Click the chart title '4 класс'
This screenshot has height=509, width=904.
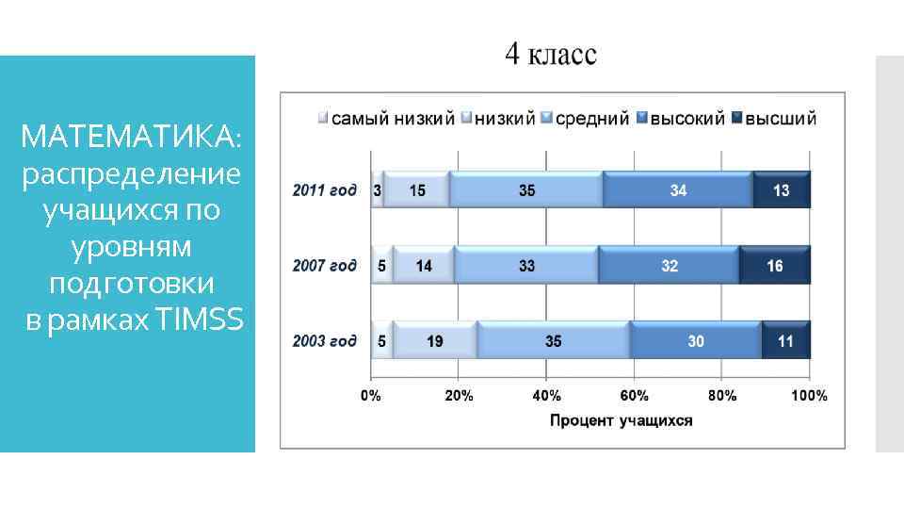click(x=551, y=55)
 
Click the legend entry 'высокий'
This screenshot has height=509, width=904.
click(x=686, y=119)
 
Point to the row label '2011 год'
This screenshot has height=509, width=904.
click(x=325, y=190)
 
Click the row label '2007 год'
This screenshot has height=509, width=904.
click(x=325, y=266)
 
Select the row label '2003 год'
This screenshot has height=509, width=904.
click(x=325, y=341)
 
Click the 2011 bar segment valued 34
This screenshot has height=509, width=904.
click(x=678, y=190)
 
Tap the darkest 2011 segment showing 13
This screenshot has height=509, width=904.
click(x=782, y=190)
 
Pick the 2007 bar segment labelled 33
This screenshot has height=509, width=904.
click(x=526, y=266)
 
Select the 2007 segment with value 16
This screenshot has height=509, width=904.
click(x=774, y=266)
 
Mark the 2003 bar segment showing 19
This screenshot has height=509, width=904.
click(x=435, y=341)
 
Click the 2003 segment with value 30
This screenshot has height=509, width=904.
click(x=695, y=341)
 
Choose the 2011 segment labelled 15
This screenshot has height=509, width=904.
click(x=416, y=190)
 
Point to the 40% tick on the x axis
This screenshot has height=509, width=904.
click(x=546, y=396)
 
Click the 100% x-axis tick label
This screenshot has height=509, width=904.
click(x=808, y=396)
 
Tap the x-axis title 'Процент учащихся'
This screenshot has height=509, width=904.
click(x=621, y=420)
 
